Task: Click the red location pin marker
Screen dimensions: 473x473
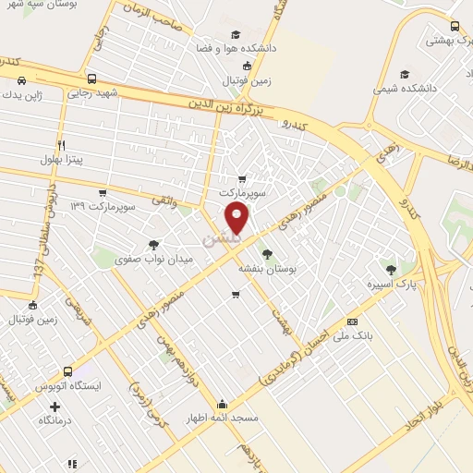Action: (x=237, y=218)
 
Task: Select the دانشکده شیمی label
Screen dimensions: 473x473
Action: (x=404, y=89)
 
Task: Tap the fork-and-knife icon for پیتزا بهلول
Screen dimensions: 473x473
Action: (x=62, y=145)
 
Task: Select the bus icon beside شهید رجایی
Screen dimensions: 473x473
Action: (x=91, y=79)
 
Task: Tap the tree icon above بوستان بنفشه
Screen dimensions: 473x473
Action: (x=267, y=252)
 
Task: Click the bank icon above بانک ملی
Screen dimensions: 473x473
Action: (x=350, y=321)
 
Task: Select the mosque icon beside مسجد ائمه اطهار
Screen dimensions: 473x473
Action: (x=222, y=404)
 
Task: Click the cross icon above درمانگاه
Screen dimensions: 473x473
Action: (x=55, y=406)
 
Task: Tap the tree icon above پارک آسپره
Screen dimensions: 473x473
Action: (x=393, y=270)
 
